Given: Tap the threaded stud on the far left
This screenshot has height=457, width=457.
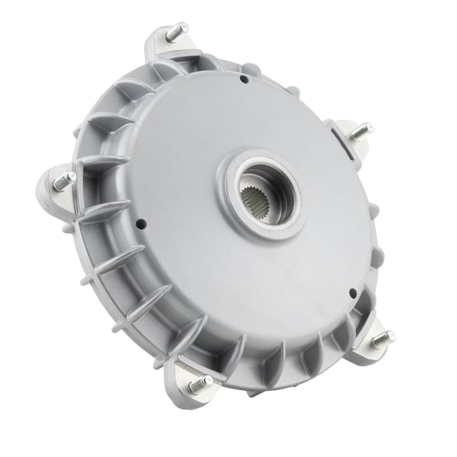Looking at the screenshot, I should (x=65, y=181).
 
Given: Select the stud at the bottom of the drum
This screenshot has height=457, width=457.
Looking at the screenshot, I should (x=200, y=385).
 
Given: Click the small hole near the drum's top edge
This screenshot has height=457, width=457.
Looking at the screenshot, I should (x=243, y=78).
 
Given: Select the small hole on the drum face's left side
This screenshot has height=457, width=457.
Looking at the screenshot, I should (x=141, y=224).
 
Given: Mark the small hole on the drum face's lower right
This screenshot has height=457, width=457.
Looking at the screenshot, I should (x=353, y=292).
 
